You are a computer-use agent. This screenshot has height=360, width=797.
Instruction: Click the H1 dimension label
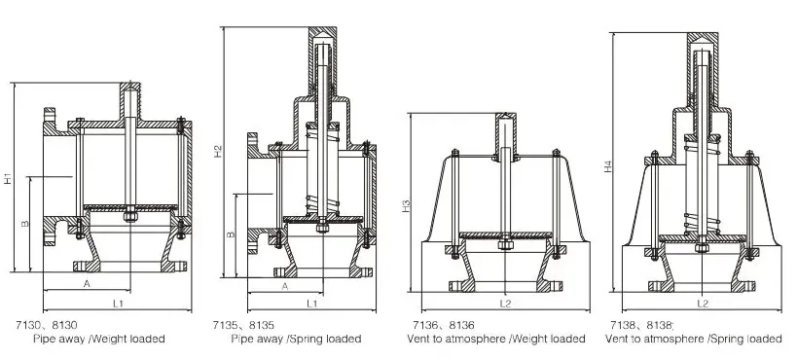click(x=8, y=178)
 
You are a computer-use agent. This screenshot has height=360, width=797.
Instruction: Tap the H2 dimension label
click(x=218, y=151)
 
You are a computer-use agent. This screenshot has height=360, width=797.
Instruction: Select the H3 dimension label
click(x=406, y=206)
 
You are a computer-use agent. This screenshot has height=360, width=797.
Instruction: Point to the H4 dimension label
click(x=608, y=166)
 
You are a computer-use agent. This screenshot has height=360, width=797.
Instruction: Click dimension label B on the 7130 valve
click(x=25, y=223)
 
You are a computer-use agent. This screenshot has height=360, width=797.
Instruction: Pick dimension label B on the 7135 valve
click(x=231, y=234)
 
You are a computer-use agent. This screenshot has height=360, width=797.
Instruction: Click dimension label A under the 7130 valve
click(x=87, y=284)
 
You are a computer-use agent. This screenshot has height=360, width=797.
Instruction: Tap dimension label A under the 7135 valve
click(x=285, y=286)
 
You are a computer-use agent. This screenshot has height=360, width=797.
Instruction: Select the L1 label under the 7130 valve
click(x=118, y=304)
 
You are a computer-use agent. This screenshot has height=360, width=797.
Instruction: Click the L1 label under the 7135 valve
click(x=312, y=304)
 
